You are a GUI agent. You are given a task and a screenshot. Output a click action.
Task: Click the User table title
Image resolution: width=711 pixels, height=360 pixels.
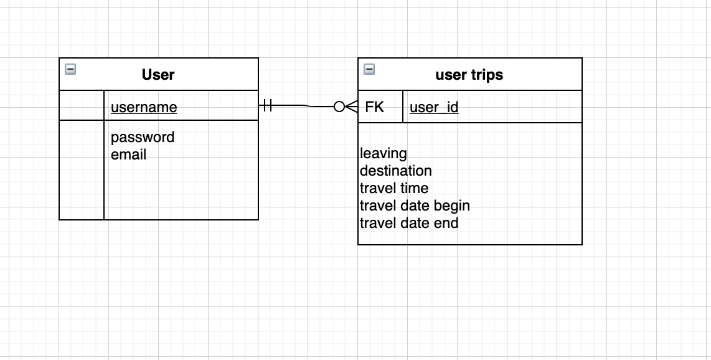click(158, 75)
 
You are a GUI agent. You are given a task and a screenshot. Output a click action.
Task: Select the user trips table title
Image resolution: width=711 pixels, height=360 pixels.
click(469, 75)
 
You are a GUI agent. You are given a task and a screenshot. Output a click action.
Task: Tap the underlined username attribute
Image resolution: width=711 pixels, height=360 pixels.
click(144, 107)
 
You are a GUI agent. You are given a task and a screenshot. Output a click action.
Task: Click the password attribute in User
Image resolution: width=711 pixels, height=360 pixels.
click(143, 137)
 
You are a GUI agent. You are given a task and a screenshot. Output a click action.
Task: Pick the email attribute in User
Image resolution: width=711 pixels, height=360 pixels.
click(128, 154)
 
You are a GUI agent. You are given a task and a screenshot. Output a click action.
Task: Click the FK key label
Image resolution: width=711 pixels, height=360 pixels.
click(374, 107)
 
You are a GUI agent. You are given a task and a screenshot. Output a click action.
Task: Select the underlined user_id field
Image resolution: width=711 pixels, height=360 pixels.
click(434, 107)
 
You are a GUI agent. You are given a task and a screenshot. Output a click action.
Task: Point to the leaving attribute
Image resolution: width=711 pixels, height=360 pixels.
click(384, 153)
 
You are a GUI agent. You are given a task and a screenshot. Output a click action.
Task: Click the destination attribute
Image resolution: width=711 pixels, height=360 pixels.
click(396, 171)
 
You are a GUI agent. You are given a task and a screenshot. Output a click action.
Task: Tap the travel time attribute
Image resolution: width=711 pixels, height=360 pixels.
click(394, 188)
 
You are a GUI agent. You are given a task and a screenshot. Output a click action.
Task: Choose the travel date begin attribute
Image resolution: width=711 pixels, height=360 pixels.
click(415, 206)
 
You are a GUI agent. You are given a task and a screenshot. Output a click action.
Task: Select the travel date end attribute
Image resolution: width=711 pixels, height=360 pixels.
click(409, 223)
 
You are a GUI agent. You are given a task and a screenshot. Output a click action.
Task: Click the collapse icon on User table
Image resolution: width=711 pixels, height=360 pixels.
click(70, 69)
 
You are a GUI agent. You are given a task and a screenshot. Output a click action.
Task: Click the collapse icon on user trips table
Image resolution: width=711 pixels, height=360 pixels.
click(369, 69)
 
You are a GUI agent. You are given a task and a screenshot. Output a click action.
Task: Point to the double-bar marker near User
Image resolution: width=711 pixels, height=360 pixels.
click(268, 106)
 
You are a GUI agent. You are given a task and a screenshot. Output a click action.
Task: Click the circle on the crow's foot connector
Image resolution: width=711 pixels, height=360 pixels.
click(339, 107)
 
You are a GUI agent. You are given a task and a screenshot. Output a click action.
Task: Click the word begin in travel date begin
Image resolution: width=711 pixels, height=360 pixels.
click(452, 206)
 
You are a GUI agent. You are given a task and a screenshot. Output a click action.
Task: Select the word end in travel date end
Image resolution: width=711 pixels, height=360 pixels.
click(446, 223)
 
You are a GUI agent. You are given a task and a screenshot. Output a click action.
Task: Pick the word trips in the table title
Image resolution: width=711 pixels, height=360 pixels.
click(486, 75)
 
